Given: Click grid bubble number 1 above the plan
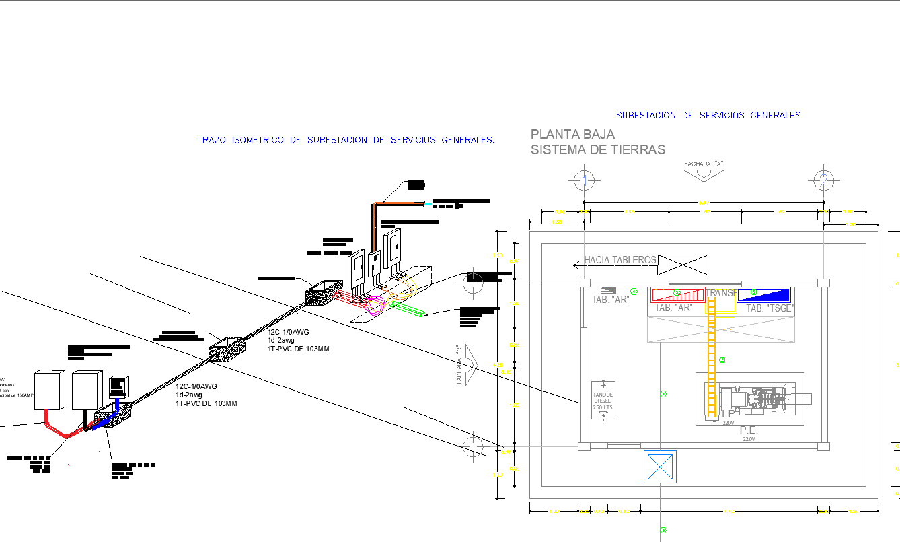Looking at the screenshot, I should [585, 180].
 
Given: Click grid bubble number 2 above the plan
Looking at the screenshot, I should [823, 180].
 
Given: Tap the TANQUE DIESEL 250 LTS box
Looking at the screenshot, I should [603, 400].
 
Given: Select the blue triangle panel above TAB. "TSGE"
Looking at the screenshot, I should [764, 295].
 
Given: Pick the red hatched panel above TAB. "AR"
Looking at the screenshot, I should [677, 294].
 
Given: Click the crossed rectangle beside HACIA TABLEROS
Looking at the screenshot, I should [683, 265].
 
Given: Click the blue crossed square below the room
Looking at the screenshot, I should [659, 467].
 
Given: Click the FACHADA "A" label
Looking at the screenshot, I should [704, 164].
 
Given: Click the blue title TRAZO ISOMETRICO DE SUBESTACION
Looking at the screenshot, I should [346, 140].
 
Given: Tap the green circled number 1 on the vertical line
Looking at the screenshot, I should [663, 394].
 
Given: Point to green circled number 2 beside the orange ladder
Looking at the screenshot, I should [722, 360].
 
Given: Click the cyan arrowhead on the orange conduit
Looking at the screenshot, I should [428, 203].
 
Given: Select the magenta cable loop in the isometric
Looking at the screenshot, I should [374, 304].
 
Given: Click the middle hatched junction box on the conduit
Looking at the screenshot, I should [227, 350].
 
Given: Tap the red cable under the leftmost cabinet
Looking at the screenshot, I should [57, 426].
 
